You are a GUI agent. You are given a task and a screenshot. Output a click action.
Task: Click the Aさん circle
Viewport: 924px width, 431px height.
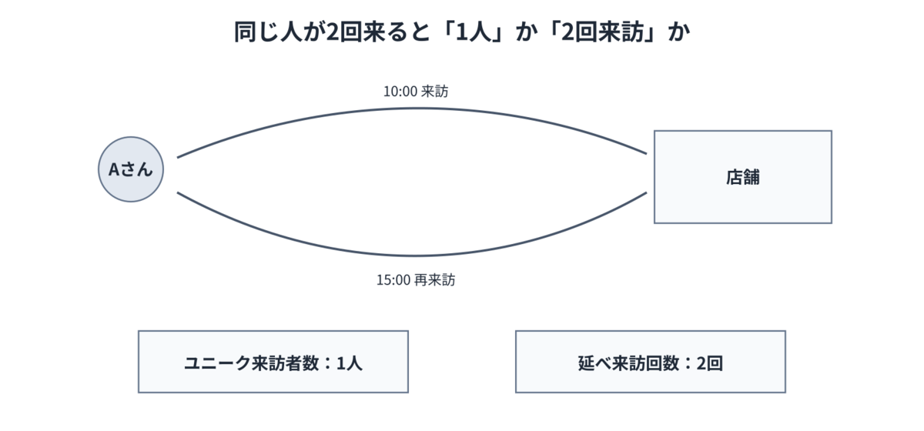131,169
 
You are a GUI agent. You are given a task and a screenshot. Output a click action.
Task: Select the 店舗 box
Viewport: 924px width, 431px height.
743,177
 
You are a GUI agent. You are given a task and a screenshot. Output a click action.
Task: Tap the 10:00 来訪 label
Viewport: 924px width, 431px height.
416,91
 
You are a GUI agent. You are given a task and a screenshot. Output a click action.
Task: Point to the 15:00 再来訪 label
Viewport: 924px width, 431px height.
416,280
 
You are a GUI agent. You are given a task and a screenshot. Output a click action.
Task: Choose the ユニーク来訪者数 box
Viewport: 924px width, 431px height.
273,362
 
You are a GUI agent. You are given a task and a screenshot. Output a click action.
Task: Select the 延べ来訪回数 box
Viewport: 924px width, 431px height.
651,362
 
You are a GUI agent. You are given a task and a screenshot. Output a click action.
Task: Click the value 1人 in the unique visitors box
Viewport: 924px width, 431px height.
350,363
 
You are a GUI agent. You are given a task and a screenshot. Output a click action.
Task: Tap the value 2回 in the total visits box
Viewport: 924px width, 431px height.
709,363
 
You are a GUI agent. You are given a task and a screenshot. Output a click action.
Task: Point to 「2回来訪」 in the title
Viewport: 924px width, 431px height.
603,32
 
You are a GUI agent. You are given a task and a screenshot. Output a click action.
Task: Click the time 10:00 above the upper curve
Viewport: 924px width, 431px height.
400,92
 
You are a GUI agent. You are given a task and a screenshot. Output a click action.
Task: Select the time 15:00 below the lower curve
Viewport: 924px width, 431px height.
393,280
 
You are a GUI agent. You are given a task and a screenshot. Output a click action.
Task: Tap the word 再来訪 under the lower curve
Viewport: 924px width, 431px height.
435,280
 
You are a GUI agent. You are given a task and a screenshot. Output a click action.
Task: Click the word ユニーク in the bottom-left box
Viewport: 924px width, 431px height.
217,363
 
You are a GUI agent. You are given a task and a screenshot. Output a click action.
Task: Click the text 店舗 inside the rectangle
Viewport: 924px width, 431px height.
743,177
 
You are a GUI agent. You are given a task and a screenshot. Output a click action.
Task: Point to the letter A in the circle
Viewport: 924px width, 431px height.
114,169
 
